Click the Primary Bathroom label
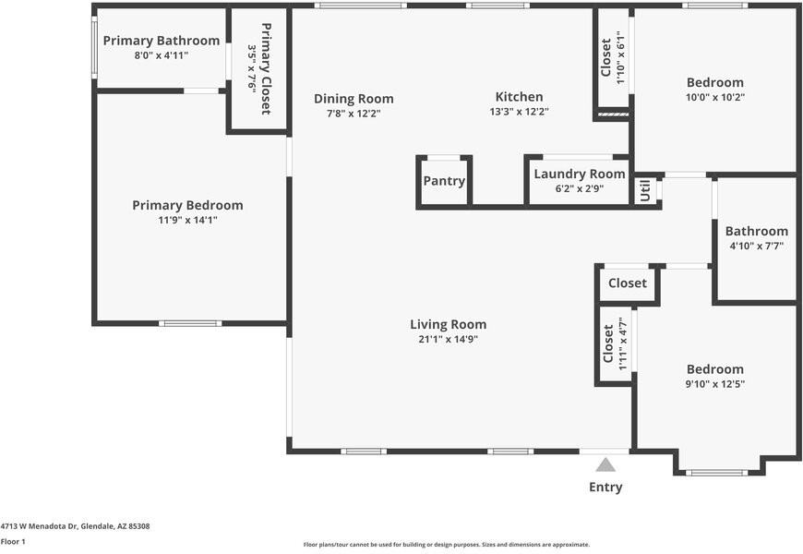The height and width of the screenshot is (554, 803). (162, 41)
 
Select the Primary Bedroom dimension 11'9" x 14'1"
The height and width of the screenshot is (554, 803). (188, 221)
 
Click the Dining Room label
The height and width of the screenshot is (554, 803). (354, 99)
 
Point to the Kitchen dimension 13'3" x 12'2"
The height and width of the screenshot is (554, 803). (520, 112)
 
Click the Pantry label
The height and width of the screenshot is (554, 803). (444, 181)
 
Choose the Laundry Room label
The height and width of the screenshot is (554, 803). (580, 175)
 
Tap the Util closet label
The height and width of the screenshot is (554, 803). (645, 190)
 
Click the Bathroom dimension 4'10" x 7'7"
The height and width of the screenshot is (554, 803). (757, 246)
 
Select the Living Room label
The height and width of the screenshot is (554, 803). (448, 324)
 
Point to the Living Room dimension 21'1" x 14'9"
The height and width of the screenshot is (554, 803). (448, 339)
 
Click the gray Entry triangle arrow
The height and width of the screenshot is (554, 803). (605, 464)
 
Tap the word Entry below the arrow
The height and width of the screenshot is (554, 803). (605, 487)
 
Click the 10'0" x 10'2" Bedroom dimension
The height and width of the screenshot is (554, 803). (715, 97)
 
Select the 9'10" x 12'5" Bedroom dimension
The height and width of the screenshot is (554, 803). (715, 384)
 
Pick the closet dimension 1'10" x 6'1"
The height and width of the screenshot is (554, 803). (620, 57)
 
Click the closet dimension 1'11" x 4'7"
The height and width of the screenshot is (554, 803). (623, 343)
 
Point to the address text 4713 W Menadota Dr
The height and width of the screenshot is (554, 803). (39, 526)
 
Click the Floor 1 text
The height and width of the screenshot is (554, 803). (13, 542)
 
